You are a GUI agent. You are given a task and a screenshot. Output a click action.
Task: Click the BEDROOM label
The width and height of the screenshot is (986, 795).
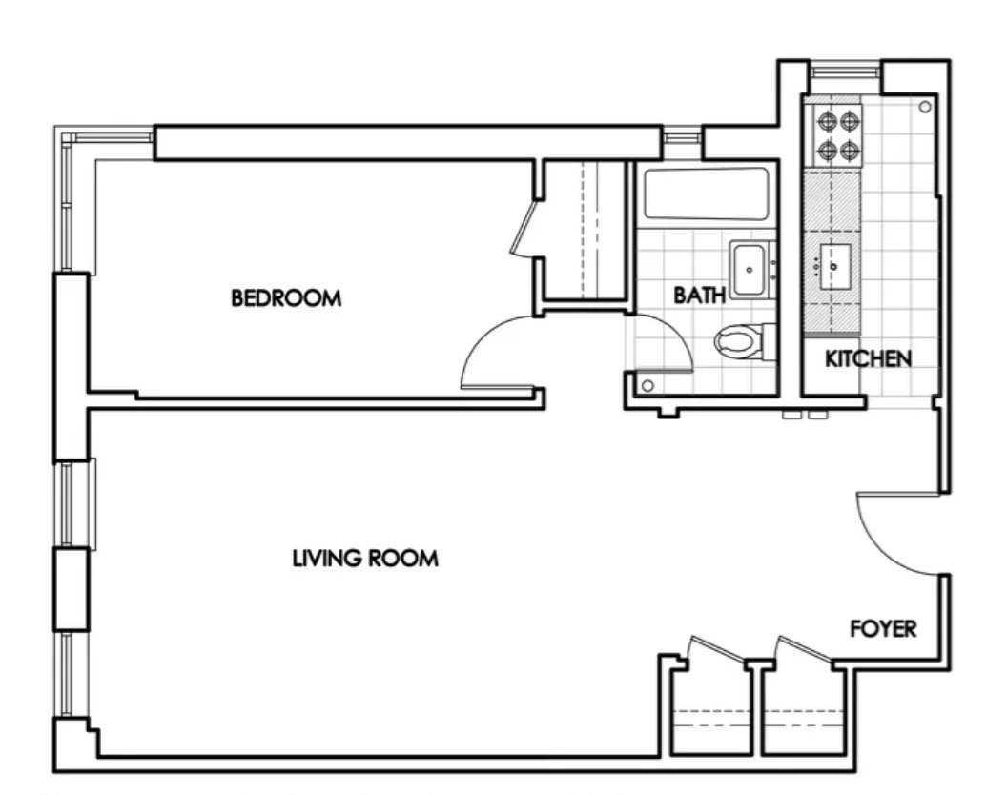(x=286, y=298)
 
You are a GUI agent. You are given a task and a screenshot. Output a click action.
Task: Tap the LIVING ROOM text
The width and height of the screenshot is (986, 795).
(x=365, y=558)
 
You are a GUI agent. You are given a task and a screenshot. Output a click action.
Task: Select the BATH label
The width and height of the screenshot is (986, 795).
(x=699, y=295)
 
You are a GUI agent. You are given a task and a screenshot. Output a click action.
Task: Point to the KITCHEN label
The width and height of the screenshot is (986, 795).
(x=868, y=358)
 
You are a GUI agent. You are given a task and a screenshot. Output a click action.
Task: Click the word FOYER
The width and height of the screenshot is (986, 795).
(x=883, y=628)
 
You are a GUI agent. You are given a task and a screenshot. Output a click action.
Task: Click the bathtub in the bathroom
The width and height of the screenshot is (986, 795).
(x=706, y=194)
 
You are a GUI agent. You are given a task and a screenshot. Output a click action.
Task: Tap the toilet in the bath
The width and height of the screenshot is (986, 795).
(x=745, y=341)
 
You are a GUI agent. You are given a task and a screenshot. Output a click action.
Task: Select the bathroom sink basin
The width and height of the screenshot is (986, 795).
(x=749, y=270)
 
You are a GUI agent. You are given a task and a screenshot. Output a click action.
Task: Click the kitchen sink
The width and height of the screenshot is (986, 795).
(x=834, y=267)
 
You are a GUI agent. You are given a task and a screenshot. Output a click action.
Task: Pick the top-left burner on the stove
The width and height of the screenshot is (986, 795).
(x=825, y=119)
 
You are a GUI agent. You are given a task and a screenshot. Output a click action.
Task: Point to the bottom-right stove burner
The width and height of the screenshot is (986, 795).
(x=850, y=151)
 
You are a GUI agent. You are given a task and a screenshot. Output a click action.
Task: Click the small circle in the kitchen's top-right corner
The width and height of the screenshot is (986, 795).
(x=924, y=107)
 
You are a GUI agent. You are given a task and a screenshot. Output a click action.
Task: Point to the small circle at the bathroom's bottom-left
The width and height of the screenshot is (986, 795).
(x=647, y=385)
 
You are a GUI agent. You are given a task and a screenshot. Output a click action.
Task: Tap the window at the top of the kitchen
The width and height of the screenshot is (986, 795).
(x=845, y=70)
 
